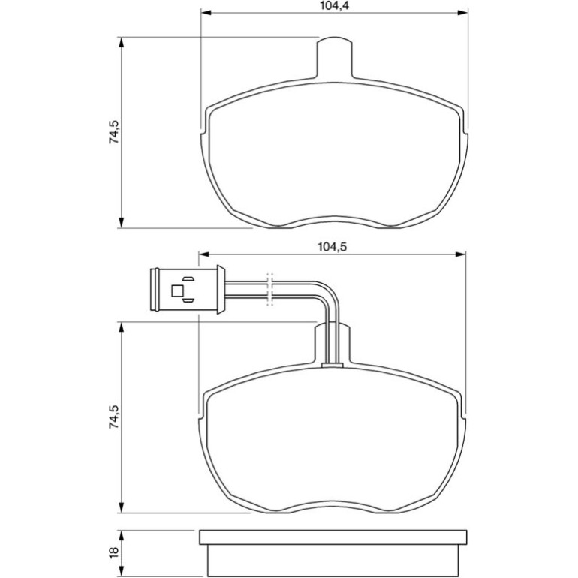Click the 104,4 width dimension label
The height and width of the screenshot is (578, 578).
334,5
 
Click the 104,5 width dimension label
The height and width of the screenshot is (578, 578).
332,247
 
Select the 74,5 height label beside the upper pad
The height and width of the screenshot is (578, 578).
113,131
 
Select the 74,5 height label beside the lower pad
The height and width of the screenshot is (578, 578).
113,417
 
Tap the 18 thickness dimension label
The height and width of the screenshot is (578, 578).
113,551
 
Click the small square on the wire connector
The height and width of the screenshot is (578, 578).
177,291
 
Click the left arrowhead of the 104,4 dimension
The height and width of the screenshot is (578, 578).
206,13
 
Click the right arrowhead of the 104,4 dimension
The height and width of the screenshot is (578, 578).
463,13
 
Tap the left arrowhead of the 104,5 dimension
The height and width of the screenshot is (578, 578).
204,254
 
